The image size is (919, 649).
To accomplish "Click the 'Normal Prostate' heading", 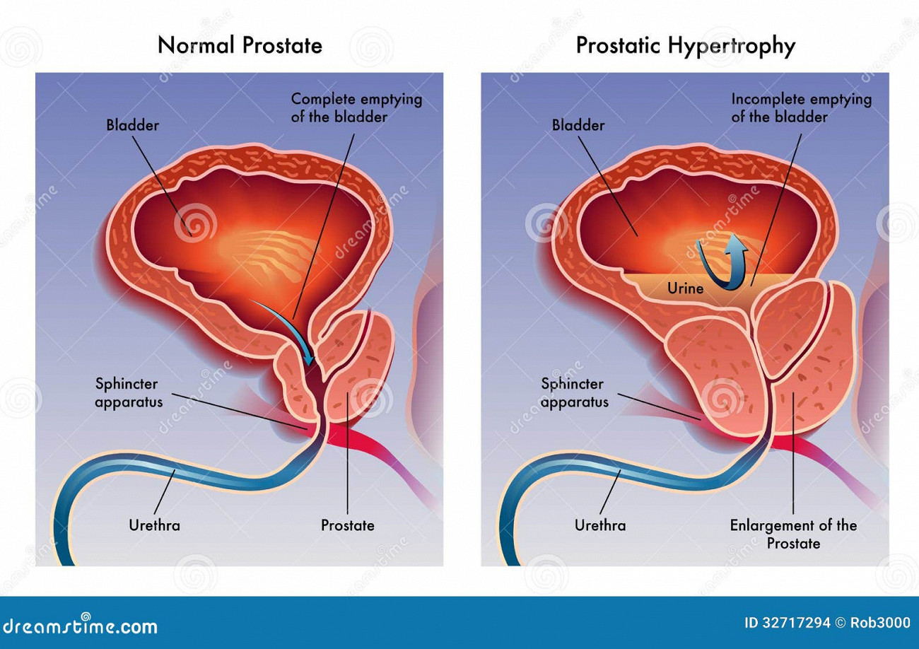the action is pos(240,45).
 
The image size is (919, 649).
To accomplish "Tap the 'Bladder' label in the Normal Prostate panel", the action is pos(132,125).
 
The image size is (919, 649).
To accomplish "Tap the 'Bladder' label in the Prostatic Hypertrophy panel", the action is pos(578,125).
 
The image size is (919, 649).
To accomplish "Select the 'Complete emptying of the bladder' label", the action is pos(356,108).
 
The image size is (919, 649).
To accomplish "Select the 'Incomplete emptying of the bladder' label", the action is pos(801,108).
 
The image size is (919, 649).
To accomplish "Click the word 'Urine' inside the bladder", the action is pos(685,288).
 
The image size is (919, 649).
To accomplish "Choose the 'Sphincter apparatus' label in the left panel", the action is pos(129,393).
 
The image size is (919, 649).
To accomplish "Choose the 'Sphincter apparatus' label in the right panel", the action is pos(574,393).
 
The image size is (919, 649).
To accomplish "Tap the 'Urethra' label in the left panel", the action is pos(154,525).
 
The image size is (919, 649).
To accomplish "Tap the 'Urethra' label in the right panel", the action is pos(600,525).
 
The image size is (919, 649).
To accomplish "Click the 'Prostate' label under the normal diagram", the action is pos(348,525).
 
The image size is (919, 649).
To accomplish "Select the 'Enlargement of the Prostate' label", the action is pos(793,534).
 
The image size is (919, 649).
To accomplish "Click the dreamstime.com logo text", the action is pos(80,626).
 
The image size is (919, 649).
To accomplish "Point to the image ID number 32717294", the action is pos(795,623).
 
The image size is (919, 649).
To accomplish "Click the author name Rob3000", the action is pos(880,623).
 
